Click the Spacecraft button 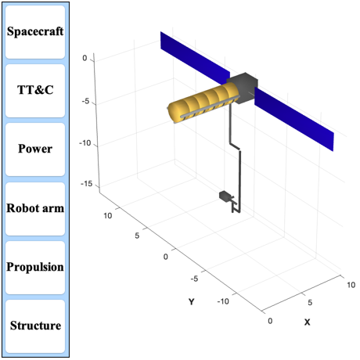(35, 32)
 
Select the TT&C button (35, 91)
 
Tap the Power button (35, 149)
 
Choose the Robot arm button (35, 209)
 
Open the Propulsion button (35, 268)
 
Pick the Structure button (35, 326)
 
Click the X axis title (308, 322)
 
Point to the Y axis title (192, 302)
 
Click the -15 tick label (87, 184)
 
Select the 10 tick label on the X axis (351, 285)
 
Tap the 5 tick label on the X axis (310, 303)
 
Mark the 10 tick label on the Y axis (108, 216)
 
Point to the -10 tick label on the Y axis (223, 301)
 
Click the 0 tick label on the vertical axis (85, 58)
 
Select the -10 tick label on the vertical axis (85, 143)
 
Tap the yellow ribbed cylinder (203, 103)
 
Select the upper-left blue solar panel (195, 58)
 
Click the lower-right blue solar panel (294, 119)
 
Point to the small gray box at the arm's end (225, 196)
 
